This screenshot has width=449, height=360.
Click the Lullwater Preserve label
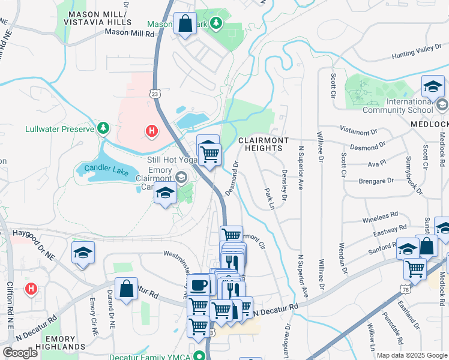tap(60, 129)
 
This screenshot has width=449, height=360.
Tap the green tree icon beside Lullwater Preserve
tap(104, 128)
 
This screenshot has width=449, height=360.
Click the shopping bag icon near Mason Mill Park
tap(185, 25)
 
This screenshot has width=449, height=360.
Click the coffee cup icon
tap(199, 285)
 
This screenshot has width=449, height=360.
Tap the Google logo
tap(20, 352)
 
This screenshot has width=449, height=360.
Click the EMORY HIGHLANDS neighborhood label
tap(61, 343)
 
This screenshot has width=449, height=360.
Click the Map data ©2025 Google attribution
tap(411, 355)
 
